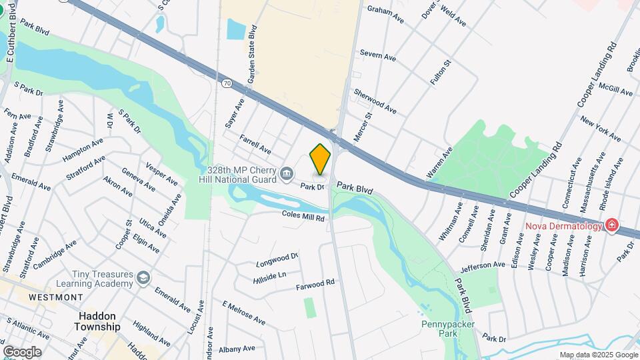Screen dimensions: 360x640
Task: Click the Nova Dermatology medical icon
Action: click(611, 226)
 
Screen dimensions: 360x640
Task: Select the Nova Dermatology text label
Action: click(563, 226)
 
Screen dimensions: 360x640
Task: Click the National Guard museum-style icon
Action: click(287, 175)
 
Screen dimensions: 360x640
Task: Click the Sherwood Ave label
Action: click(375, 101)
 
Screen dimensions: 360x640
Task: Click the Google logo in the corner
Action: click(22, 352)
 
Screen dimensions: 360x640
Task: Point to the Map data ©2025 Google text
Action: click(598, 355)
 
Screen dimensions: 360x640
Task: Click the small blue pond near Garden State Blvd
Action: click(236, 29)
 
